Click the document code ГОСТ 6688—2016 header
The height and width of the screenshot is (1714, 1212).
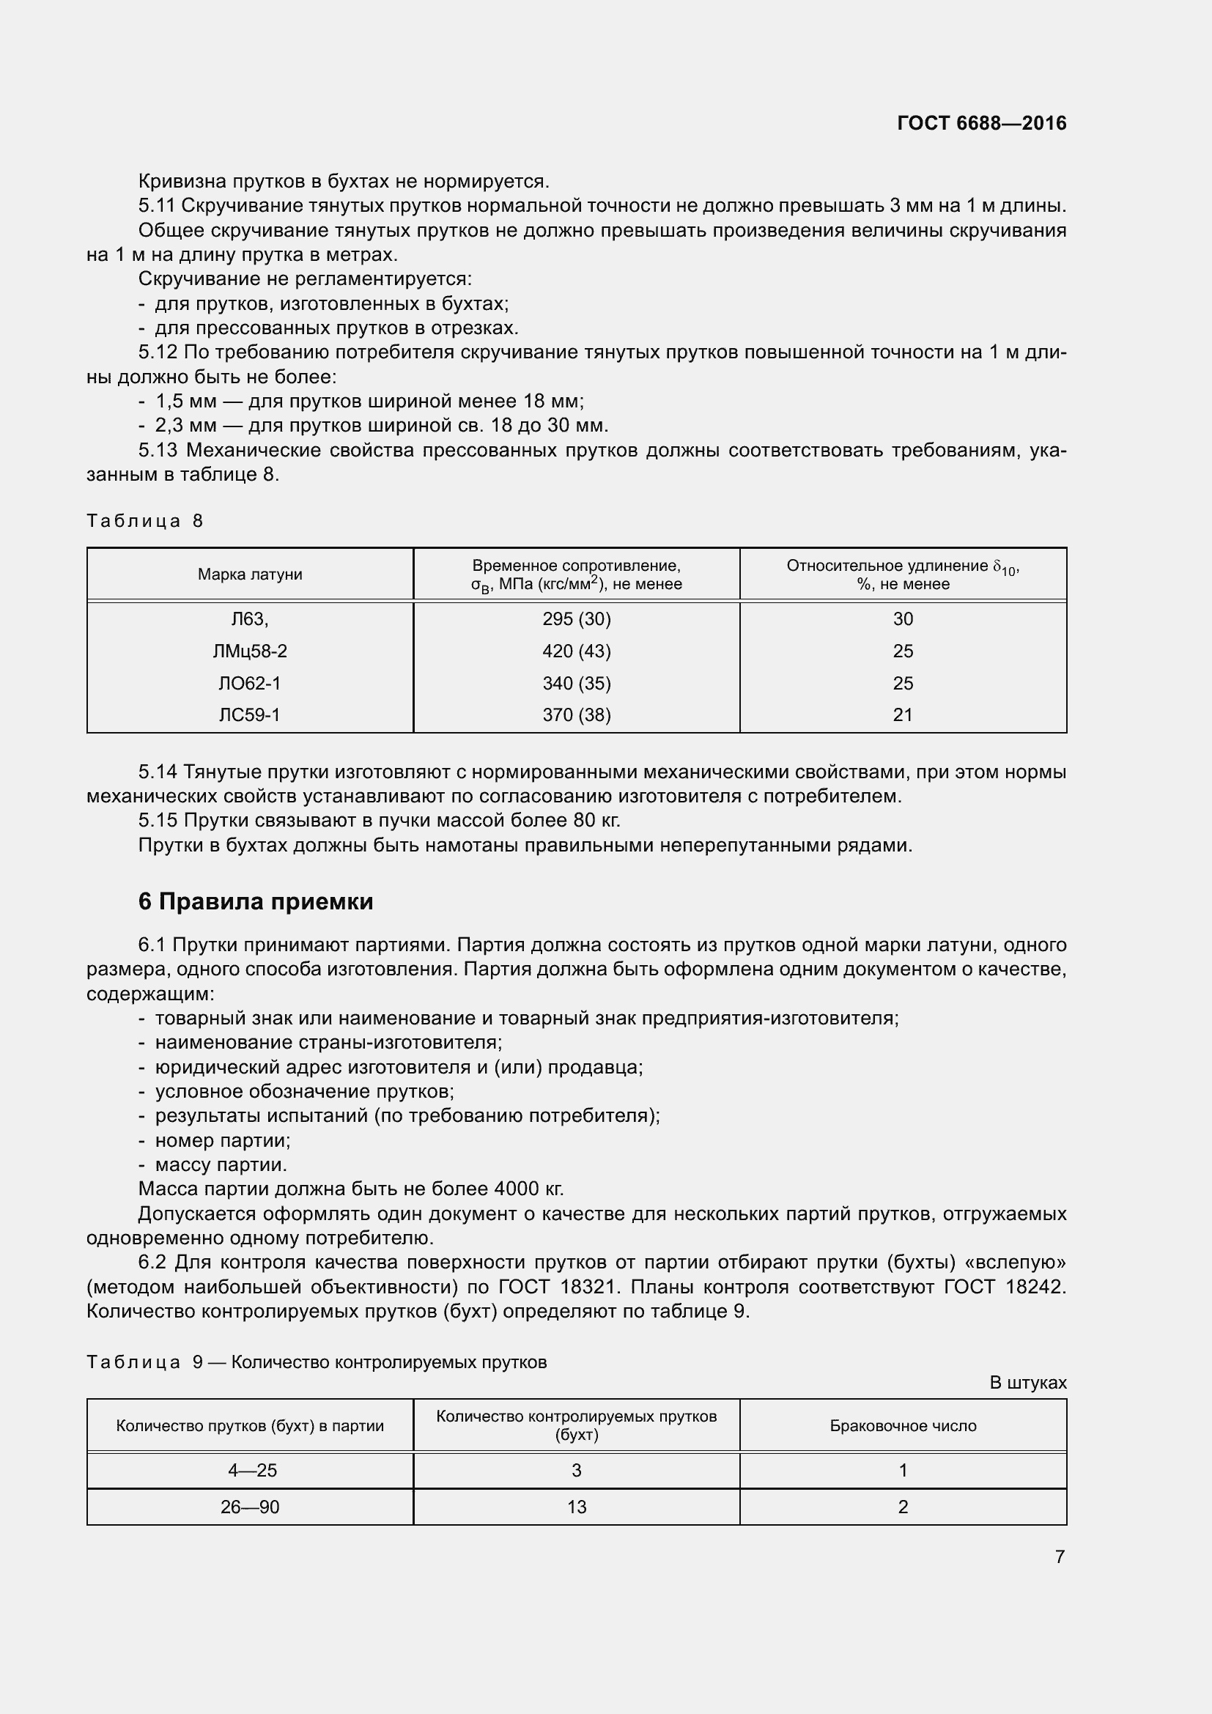pyautogui.click(x=981, y=123)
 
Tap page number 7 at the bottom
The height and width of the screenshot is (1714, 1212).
pyautogui.click(x=1060, y=1556)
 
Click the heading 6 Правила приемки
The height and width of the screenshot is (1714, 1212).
pyautogui.click(x=255, y=902)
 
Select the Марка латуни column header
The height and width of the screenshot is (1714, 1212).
pyautogui.click(x=250, y=574)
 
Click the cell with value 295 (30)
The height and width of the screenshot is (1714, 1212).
pyautogui.click(x=576, y=619)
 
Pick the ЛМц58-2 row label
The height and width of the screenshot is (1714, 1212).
pyautogui.click(x=250, y=651)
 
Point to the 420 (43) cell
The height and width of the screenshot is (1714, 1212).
pyautogui.click(x=576, y=651)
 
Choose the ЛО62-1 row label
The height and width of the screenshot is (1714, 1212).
pyautogui.click(x=250, y=683)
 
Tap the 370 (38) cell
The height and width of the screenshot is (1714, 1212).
pyautogui.click(x=576, y=715)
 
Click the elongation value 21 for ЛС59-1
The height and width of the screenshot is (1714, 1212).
pyautogui.click(x=903, y=715)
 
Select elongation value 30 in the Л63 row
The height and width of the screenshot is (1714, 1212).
pyautogui.click(x=903, y=619)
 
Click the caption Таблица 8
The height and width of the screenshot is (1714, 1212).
pyautogui.click(x=145, y=520)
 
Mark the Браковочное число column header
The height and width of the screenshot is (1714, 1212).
pyautogui.click(x=903, y=1426)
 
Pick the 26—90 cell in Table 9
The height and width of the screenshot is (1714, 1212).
pyautogui.click(x=250, y=1507)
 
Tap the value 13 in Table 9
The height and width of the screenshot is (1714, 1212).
pyautogui.click(x=576, y=1507)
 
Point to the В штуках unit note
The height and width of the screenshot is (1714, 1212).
pyautogui.click(x=1027, y=1383)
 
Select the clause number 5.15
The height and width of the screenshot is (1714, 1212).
pyautogui.click(x=158, y=821)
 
